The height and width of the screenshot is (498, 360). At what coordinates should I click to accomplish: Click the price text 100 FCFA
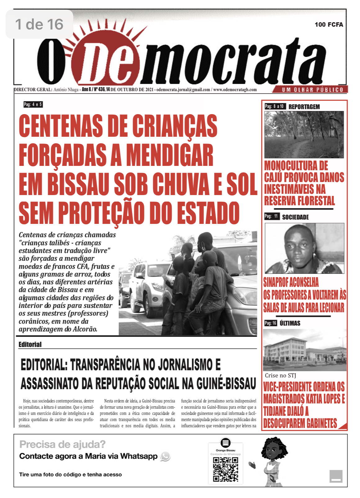(x=329, y=24)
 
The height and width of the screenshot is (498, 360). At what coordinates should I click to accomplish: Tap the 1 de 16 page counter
(x=39, y=24)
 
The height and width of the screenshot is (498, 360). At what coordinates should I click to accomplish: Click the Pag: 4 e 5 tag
(x=33, y=104)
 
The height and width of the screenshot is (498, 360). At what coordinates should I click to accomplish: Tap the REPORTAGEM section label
(x=304, y=107)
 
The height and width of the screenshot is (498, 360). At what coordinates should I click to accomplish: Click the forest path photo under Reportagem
(x=304, y=135)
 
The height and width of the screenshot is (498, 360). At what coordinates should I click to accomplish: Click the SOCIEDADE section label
(x=295, y=217)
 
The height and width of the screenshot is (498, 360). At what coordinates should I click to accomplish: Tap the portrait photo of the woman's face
(x=304, y=248)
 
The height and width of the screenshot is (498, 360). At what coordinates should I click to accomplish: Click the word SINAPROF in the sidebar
(x=278, y=282)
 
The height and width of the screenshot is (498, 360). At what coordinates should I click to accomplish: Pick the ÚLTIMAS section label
(x=290, y=323)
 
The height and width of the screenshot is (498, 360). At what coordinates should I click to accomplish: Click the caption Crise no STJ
(x=280, y=375)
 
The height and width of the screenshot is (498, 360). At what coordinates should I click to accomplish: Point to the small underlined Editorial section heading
(x=30, y=344)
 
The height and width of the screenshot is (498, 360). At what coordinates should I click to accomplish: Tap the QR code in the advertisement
(x=226, y=469)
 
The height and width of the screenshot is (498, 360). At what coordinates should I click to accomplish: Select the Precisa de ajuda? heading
(x=62, y=444)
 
